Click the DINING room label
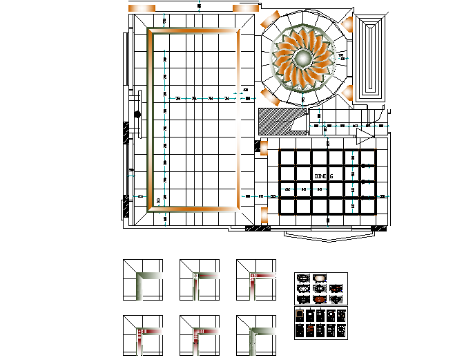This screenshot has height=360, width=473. point(324,177)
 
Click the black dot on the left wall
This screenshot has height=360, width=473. point(137,114)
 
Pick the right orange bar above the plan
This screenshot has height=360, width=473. point(245,8)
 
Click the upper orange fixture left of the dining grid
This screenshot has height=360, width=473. point(263,146)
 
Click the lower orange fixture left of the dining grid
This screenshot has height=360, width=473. point(263,219)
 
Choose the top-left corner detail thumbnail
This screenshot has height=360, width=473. point(143,280)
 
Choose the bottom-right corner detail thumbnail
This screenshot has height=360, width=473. point(256,336)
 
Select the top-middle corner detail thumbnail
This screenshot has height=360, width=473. point(200,280)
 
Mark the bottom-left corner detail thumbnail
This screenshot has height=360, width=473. point(143,336)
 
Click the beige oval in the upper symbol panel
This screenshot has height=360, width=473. point(320,278)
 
